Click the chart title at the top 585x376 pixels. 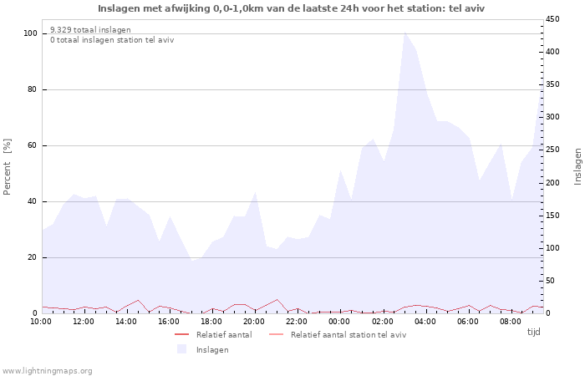point(291,8)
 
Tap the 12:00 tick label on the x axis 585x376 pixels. point(84,321)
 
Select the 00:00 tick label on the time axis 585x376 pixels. point(339,321)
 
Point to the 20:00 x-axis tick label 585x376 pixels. point(254,321)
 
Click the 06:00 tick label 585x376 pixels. point(467,321)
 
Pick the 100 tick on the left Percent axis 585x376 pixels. point(30,33)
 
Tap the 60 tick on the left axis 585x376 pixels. point(33,145)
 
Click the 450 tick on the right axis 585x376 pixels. point(553,19)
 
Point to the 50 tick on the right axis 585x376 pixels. point(551,281)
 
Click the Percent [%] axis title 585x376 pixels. point(8,166)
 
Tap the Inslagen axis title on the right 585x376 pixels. point(577,166)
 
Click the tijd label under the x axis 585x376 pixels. point(533,332)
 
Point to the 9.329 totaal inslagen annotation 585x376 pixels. point(90,30)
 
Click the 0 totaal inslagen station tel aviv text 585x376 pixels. point(112,40)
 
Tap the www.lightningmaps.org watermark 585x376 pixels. point(47,370)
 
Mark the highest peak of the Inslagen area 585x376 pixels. point(405,33)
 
